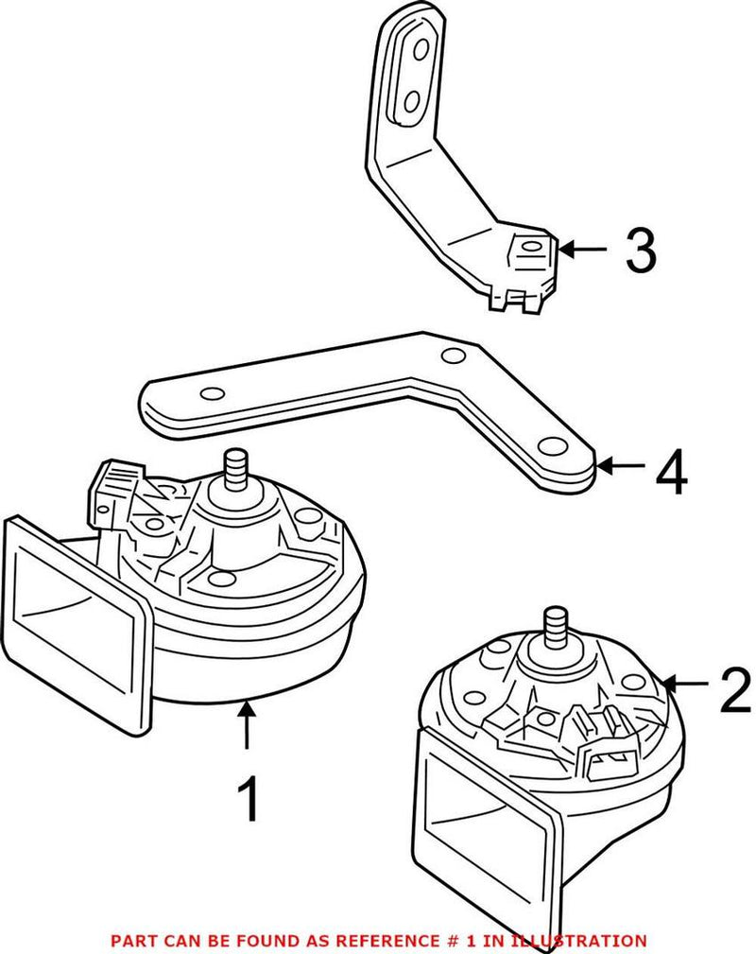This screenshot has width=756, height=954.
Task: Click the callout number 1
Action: click(x=247, y=799)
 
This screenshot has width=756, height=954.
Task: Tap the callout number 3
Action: click(x=640, y=251)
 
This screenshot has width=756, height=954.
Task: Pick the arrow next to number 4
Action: click(x=621, y=465)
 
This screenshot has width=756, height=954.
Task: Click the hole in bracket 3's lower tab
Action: click(x=528, y=248)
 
